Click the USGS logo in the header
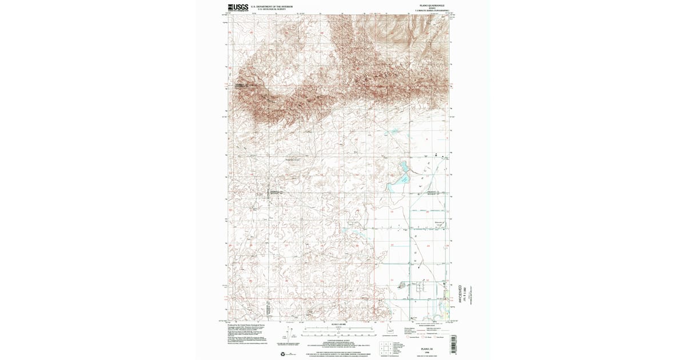pos(238,7)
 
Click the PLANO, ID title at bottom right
pos(426,347)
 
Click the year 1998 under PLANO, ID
pos(426,351)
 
